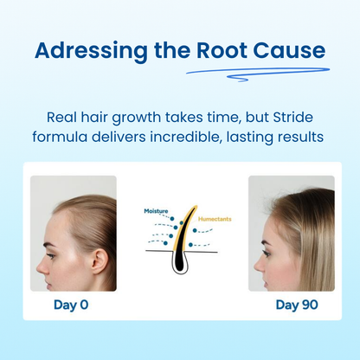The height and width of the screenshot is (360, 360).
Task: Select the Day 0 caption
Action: pyautogui.click(x=72, y=305)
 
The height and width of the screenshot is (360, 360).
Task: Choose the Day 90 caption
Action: pyautogui.click(x=292, y=305)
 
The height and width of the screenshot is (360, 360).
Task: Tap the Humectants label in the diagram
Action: pyautogui.click(x=215, y=219)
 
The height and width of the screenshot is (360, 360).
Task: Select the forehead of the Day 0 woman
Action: pyautogui.click(x=50, y=212)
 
